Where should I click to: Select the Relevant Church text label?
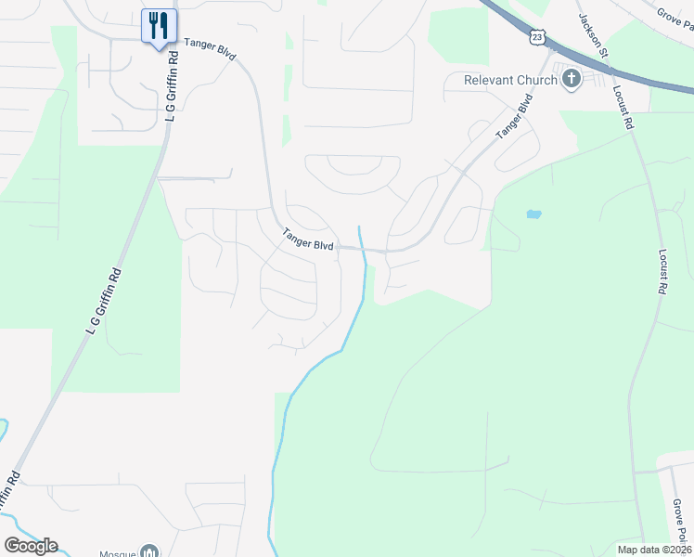511,80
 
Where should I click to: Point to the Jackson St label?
592,35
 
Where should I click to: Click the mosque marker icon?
148,551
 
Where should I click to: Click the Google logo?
31,545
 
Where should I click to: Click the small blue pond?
533,214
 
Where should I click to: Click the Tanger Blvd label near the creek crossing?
308,240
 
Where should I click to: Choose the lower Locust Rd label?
662,272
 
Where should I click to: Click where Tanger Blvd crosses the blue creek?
365,249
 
